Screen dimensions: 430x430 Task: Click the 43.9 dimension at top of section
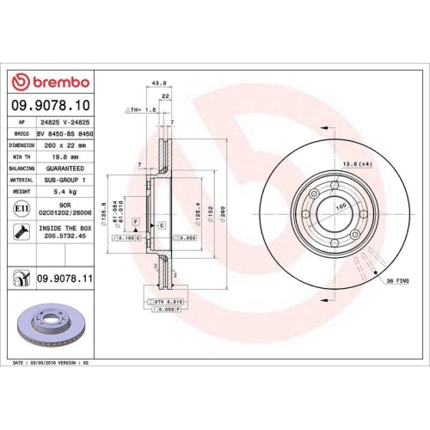coord(158,83)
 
